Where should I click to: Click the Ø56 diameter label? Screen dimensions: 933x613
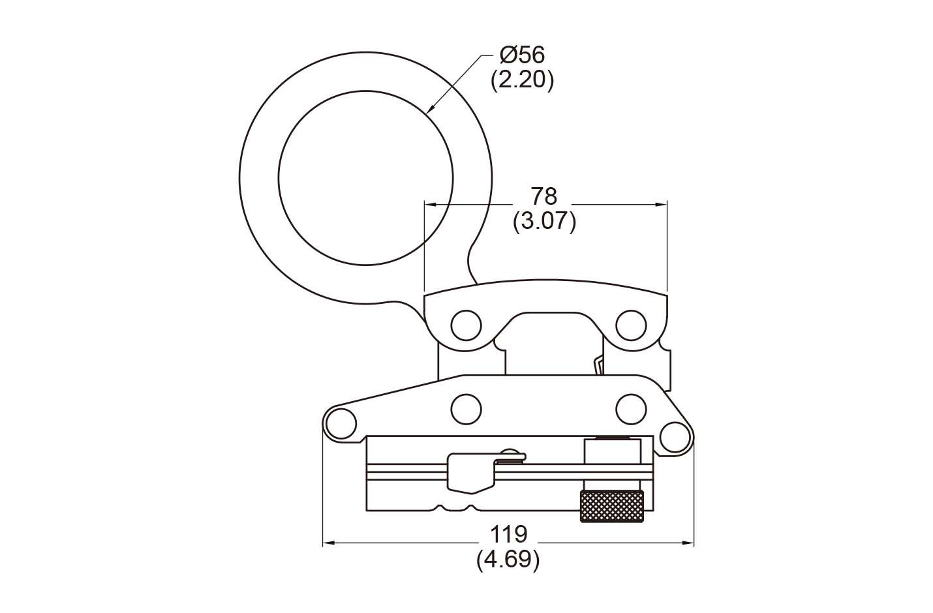pyautogui.click(x=523, y=55)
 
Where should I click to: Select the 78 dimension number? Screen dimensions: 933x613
pyautogui.click(x=544, y=196)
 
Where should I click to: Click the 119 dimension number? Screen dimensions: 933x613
pyautogui.click(x=509, y=534)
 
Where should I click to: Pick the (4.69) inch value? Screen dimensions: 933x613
pyautogui.click(x=508, y=560)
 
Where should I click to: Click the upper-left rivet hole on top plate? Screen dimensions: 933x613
pyautogui.click(x=466, y=325)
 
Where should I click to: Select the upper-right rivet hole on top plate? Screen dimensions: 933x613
pyautogui.click(x=631, y=325)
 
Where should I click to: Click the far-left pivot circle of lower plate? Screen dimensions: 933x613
pyautogui.click(x=341, y=424)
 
